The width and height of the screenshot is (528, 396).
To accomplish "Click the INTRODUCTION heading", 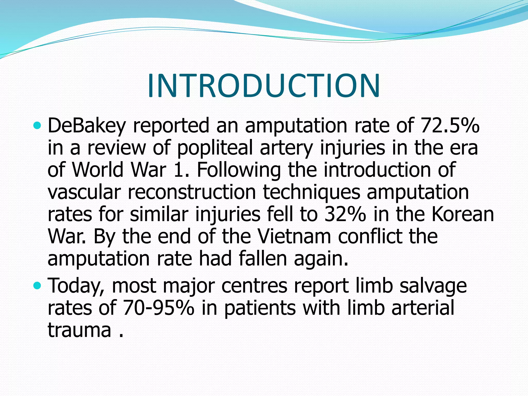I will (263, 86).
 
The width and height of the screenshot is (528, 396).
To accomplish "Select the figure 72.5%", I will (450, 125).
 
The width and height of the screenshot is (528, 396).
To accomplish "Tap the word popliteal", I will (215, 148).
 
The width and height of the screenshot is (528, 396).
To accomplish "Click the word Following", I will (238, 170).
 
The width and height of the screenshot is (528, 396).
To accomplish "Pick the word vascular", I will (84, 192).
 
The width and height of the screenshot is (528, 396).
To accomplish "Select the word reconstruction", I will (192, 192).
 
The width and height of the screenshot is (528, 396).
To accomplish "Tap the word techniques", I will (311, 192).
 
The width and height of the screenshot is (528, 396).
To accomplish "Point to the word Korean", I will (463, 214).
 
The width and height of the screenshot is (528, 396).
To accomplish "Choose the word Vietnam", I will (294, 236).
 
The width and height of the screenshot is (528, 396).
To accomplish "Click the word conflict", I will (370, 236).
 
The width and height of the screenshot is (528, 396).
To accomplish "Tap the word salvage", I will (433, 286).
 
